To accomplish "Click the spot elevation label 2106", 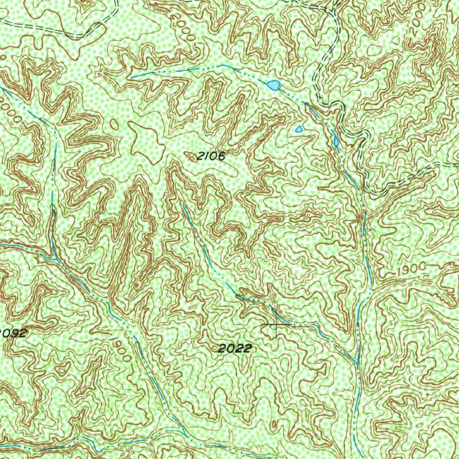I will (210, 156).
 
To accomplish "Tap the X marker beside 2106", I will (192, 156).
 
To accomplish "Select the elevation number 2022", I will (234, 348).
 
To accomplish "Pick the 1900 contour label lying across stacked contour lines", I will (411, 269).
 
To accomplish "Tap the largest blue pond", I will (273, 84).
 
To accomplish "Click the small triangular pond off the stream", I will (299, 129).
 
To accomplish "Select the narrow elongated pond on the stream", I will (336, 141).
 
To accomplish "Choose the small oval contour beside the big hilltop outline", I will (115, 125).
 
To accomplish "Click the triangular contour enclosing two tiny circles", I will (319, 164).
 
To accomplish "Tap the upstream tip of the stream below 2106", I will (183, 205).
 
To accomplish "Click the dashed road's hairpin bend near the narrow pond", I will (338, 108).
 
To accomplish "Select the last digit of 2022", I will (246, 348).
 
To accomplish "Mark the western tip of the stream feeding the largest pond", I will (131, 77).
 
